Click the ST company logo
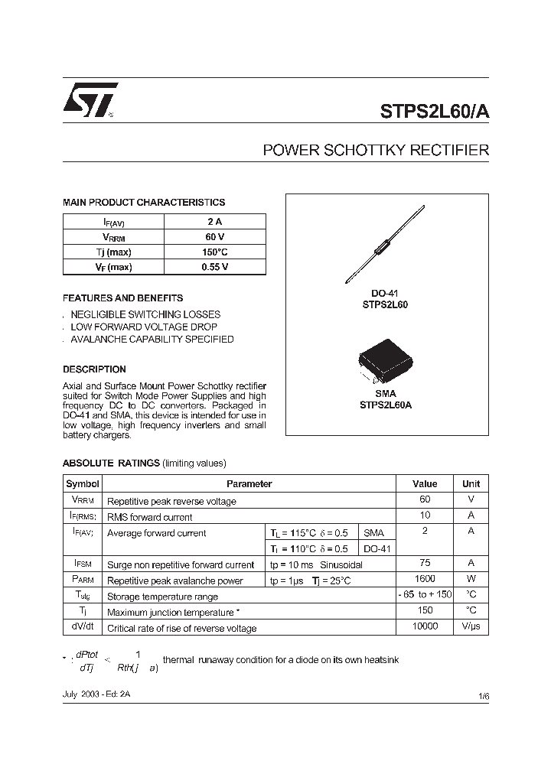click(90, 100)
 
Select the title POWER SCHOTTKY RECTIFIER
click(375, 151)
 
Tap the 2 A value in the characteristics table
click(215, 221)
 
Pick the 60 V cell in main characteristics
click(215, 236)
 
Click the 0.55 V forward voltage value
click(215, 267)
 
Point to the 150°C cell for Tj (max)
click(215, 252)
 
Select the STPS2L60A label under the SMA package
click(386, 405)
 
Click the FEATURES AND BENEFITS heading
click(122, 298)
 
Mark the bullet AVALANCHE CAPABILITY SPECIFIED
click(152, 339)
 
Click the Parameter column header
click(249, 483)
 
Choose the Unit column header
click(471, 483)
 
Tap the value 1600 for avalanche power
click(425, 580)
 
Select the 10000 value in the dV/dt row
click(425, 626)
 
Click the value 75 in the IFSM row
click(425, 564)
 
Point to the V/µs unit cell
click(471, 626)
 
